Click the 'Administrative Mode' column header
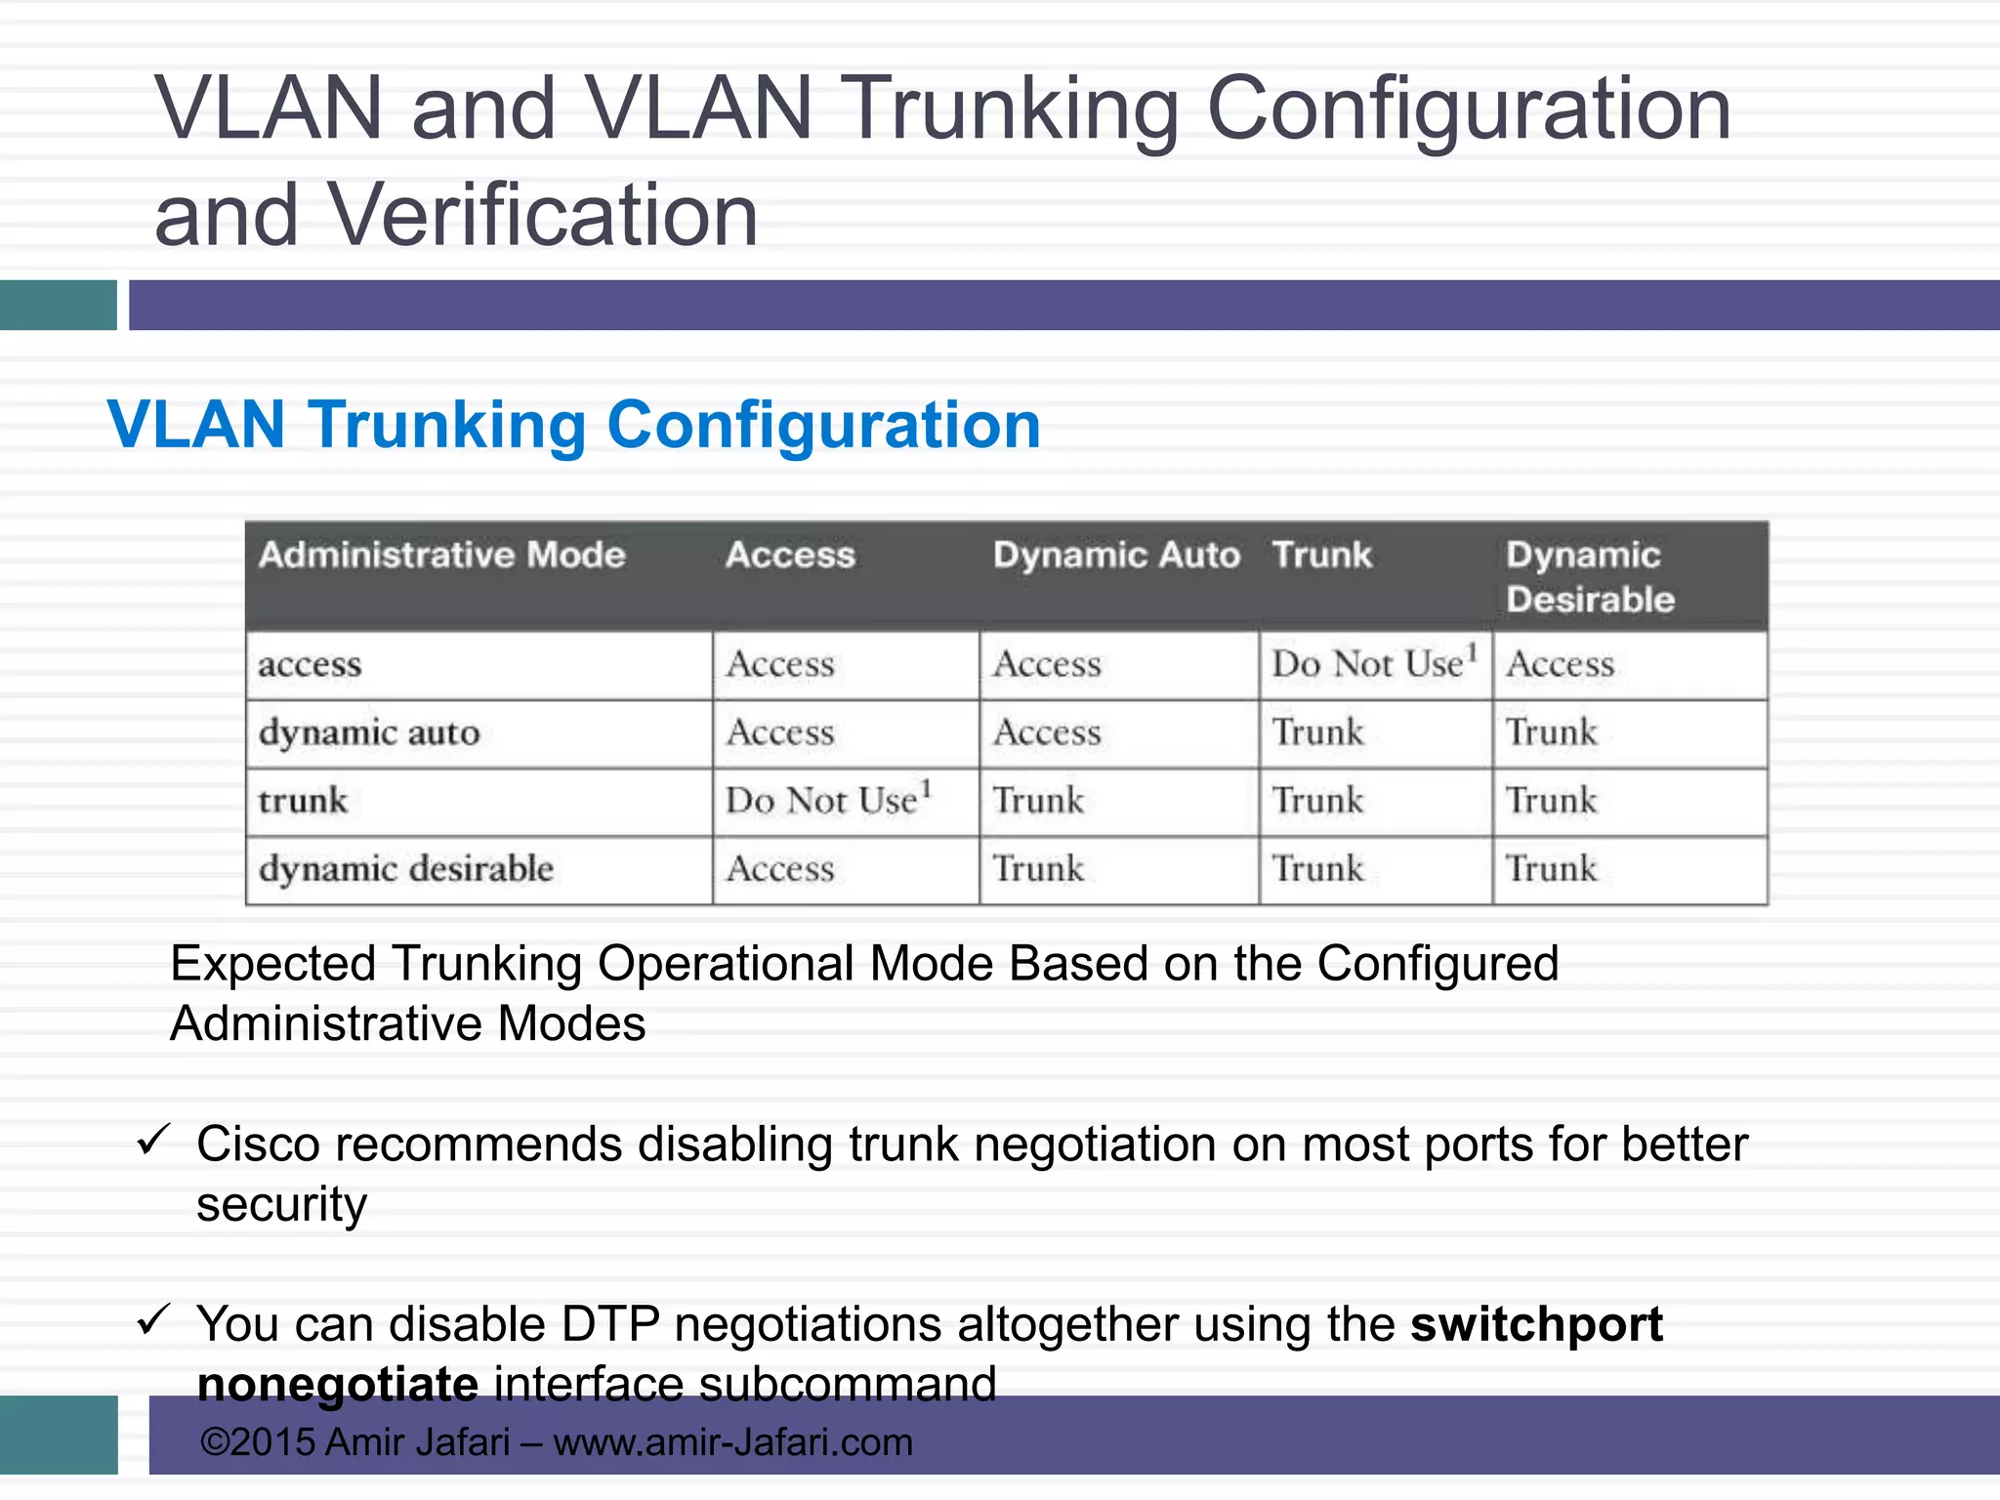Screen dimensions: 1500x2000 pos(441,555)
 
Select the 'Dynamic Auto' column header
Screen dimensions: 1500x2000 pos(1116,555)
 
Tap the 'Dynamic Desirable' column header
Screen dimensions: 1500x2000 pos(1590,576)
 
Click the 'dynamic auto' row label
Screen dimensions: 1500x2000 pos(369,732)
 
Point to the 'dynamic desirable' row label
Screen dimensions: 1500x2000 pos(405,869)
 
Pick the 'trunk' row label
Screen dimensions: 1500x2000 pos(303,801)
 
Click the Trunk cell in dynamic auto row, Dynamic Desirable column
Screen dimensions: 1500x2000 pos(1551,732)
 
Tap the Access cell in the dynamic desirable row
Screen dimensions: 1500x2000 pos(780,869)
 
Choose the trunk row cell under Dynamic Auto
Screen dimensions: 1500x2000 pos(1038,801)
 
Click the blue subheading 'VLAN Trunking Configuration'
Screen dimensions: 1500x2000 pos(574,426)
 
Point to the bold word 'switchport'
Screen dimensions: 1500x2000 pos(1536,1325)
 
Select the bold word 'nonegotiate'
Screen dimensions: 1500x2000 pos(338,1385)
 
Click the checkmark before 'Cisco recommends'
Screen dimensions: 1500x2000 pos(153,1140)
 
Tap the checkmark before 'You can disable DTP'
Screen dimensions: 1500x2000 pos(153,1320)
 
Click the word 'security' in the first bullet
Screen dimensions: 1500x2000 pos(281,1204)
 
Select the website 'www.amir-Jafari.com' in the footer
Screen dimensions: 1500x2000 pos(732,1442)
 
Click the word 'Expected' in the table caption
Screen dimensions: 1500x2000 pos(272,964)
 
